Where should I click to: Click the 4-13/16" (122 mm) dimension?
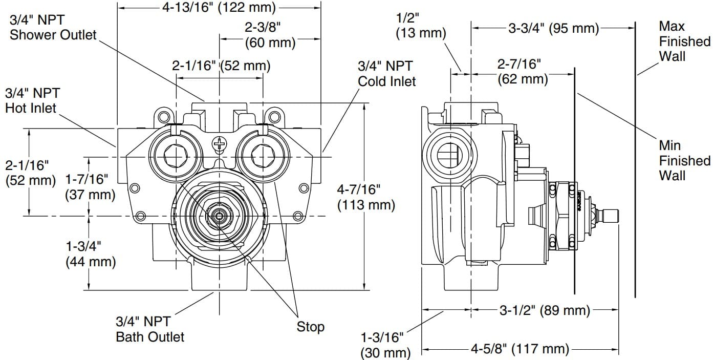[x=219, y=8]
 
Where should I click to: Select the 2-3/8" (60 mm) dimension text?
[x=270, y=35]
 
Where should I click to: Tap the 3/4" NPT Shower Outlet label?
[x=53, y=28]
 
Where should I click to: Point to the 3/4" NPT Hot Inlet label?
[x=32, y=100]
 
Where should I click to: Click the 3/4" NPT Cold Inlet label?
[x=386, y=73]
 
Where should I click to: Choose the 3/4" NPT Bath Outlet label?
[x=150, y=329]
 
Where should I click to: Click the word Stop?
[x=310, y=327]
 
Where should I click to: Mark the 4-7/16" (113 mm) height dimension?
[x=365, y=197]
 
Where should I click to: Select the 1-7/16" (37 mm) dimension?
[x=91, y=187]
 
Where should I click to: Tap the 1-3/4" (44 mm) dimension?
[x=91, y=253]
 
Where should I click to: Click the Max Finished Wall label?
[x=684, y=41]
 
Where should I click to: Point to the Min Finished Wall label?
[x=684, y=161]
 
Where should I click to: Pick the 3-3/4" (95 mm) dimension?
[x=553, y=28]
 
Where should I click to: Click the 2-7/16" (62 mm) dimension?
[x=523, y=72]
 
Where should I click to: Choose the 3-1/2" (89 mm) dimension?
[x=545, y=310]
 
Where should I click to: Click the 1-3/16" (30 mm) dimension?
[x=385, y=345]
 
